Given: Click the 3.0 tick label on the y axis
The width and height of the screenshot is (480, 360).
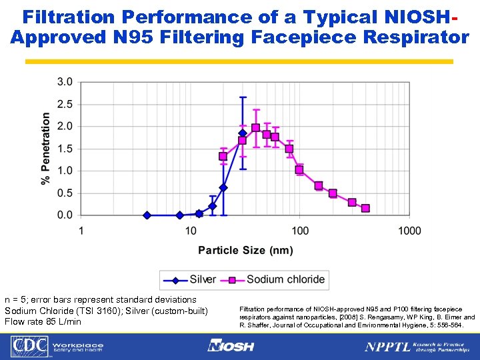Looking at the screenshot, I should (65, 82).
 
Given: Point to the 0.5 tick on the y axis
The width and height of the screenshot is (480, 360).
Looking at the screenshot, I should (65, 193).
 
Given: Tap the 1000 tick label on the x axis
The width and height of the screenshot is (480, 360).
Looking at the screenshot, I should (409, 231).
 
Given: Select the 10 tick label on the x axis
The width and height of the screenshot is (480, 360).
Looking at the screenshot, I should (191, 231).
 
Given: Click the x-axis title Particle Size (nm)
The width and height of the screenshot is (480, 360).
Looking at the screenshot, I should (245, 250).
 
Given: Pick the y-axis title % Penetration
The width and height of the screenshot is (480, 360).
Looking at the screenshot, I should (46, 149).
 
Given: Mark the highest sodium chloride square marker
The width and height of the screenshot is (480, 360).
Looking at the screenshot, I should (256, 127).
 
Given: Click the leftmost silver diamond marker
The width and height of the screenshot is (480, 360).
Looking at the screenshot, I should (147, 215).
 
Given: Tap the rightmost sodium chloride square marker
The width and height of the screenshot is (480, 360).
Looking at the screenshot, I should (365, 208).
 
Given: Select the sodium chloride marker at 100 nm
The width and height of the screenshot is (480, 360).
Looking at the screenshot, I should (299, 170).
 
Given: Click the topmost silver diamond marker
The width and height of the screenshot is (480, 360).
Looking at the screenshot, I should (243, 133).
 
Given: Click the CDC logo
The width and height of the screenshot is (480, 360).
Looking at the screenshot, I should (27, 347).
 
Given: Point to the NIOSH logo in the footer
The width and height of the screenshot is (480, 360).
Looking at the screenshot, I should (231, 346).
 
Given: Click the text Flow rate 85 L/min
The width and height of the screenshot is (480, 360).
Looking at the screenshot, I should (43, 322).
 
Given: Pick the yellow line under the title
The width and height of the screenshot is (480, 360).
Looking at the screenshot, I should (239, 61).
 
